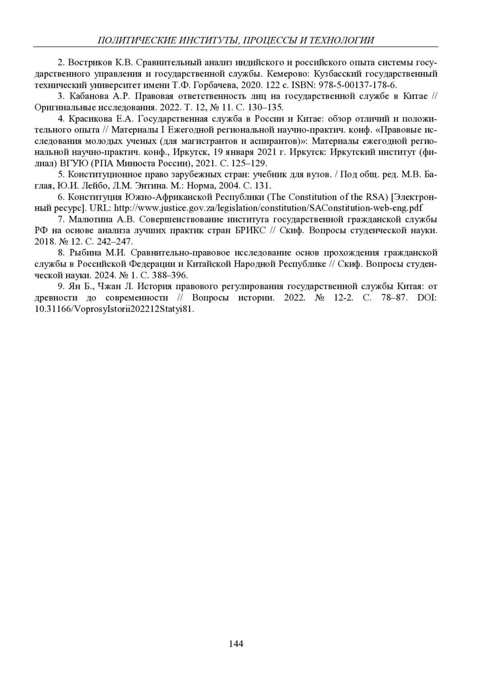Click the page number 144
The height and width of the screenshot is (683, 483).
pos(236,644)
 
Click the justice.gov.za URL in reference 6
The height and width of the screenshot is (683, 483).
pos(268,208)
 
